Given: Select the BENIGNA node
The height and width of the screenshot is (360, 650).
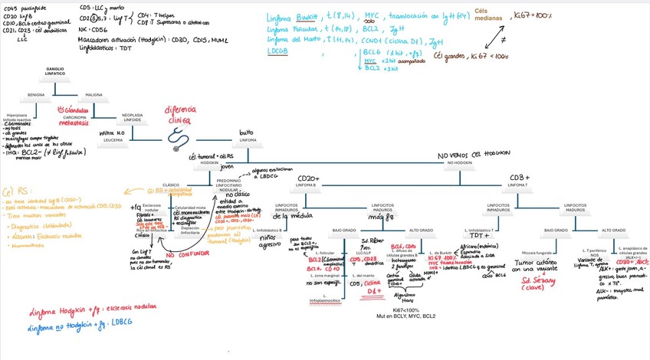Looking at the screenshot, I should click(36, 95).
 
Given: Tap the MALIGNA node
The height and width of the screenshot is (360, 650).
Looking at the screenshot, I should click(94, 95).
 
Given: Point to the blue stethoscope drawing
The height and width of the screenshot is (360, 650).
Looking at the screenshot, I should click(179, 136).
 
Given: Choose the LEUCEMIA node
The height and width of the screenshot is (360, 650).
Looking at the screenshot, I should click(112, 140).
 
